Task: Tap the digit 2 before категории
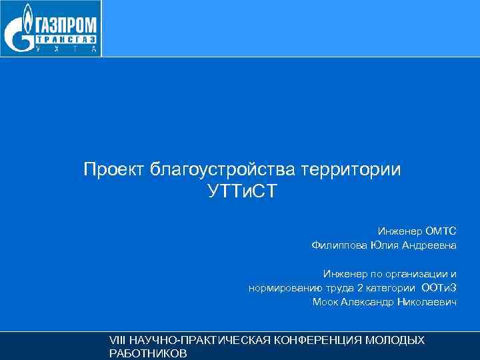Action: coord(361,288)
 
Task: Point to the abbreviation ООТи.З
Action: coord(440,288)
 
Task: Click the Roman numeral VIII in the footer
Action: coord(117,341)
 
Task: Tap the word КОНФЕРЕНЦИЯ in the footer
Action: coord(313,341)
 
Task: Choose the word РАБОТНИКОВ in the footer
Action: coord(147,354)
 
